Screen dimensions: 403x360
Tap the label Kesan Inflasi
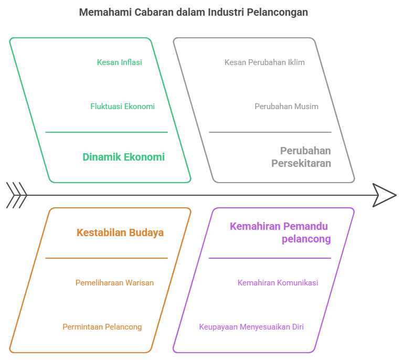(120, 62)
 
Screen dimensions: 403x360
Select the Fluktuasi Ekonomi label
(123, 107)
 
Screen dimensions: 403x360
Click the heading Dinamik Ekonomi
(124, 157)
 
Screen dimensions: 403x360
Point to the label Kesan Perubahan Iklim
(264, 62)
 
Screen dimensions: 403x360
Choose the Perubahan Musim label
(287, 107)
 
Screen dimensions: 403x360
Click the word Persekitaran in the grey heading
(301, 163)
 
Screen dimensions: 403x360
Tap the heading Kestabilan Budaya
(120, 232)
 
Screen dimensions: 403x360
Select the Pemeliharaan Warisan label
(114, 283)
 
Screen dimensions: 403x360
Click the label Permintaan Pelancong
(102, 327)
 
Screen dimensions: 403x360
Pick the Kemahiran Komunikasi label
(278, 283)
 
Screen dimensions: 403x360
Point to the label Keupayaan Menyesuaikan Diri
(251, 327)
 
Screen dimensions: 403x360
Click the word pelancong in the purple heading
(306, 239)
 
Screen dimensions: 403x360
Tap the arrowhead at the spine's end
(385, 195)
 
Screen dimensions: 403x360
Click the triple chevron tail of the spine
(17, 195)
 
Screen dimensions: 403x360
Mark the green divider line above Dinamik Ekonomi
(107, 132)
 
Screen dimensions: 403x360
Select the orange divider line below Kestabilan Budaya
(107, 258)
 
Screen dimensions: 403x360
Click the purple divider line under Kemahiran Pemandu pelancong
(270, 258)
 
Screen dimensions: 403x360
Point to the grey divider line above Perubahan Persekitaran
(270, 132)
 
